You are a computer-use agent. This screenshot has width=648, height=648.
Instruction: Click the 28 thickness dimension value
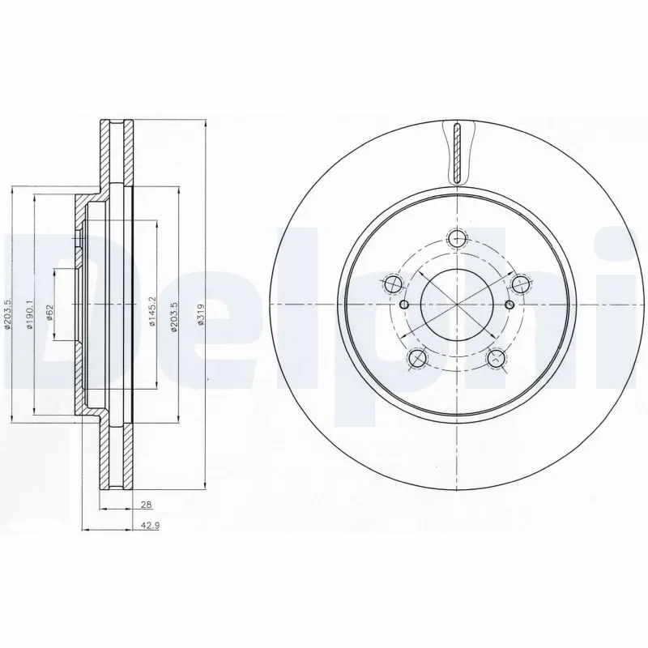146,505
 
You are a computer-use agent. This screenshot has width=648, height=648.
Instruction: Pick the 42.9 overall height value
147,525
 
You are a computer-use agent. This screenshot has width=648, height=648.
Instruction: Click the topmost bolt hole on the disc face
458,238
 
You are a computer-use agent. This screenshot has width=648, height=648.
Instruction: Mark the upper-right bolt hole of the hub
521,283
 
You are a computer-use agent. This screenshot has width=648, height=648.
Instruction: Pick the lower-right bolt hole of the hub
497,357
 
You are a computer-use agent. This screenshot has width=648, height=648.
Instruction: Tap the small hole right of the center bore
509,305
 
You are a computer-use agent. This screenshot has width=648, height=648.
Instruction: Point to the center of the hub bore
458,305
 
